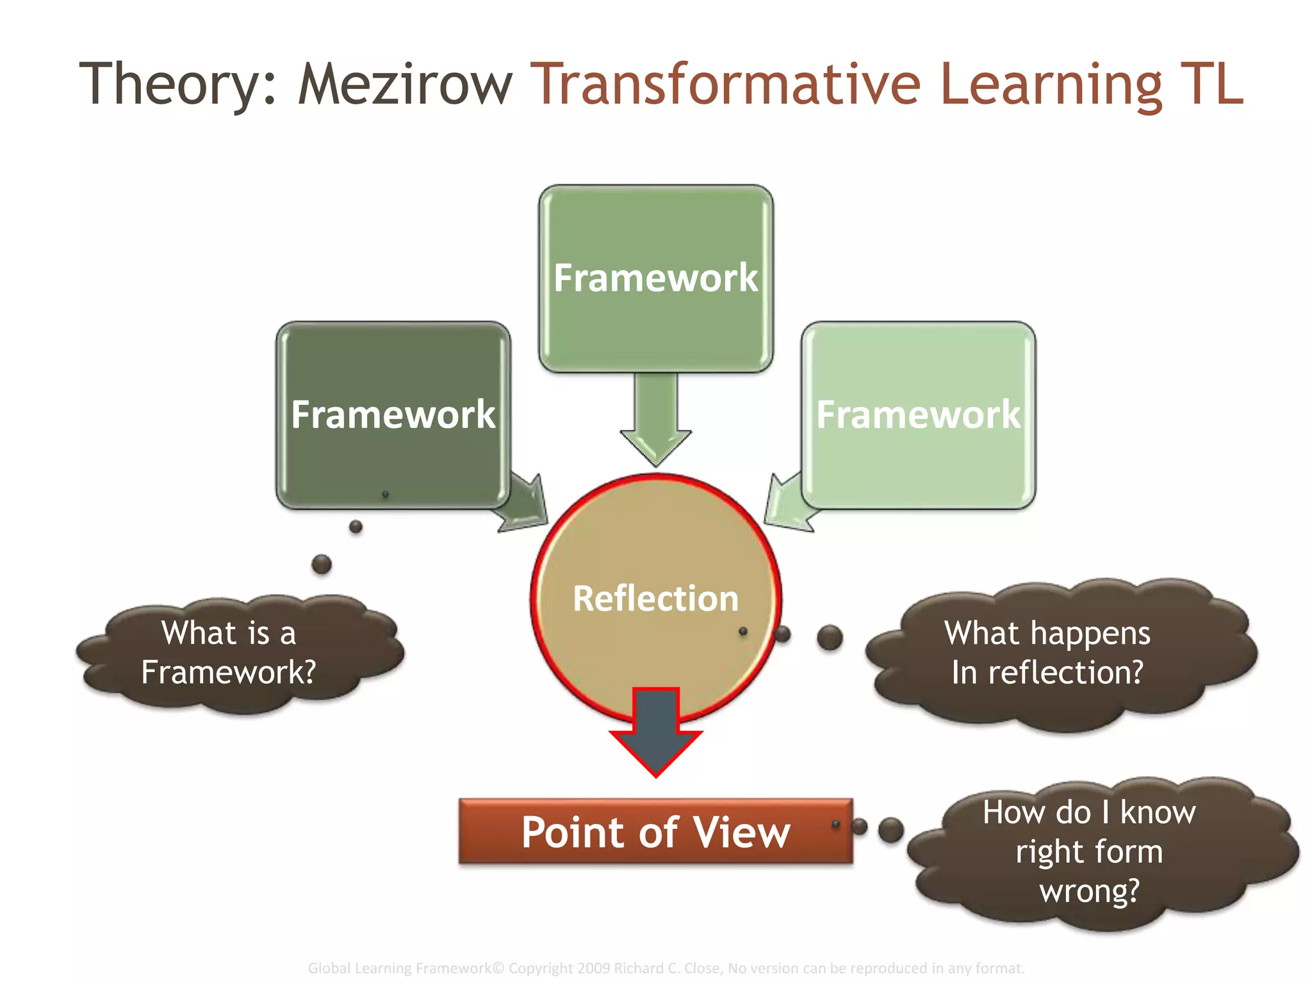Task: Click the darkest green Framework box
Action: tap(393, 414)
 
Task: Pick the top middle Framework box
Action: tap(655, 278)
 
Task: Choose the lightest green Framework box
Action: tap(918, 414)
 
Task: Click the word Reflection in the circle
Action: tap(655, 598)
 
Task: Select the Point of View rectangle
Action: tap(655, 832)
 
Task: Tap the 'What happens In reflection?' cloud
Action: tap(1060, 653)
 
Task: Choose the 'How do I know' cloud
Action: tap(1099, 852)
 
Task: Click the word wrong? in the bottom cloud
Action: tap(1089, 891)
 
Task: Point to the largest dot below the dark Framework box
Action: tap(322, 564)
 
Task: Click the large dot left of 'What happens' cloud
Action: tap(830, 637)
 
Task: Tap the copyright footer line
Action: tap(666, 967)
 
